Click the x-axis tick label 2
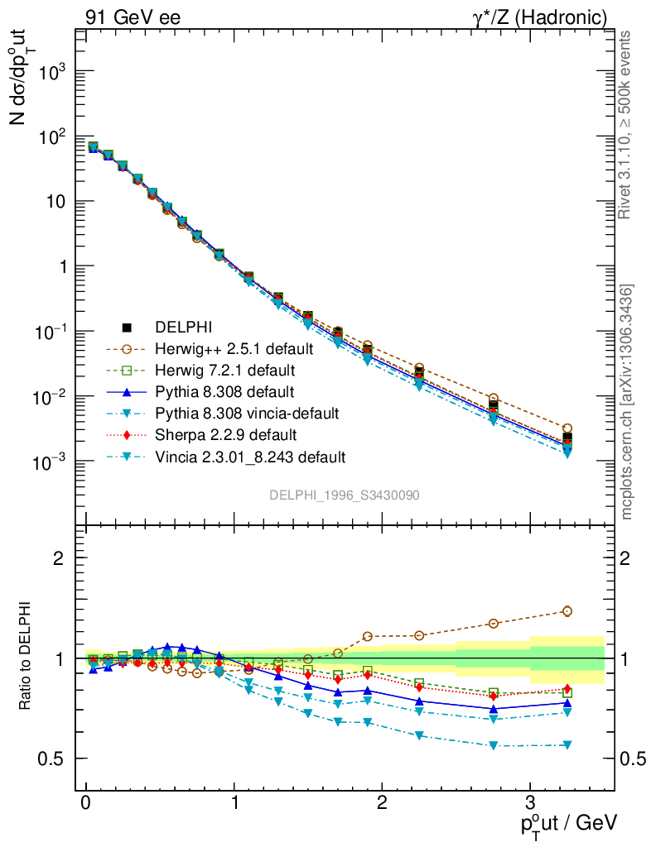click(382, 803)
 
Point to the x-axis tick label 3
click(530, 803)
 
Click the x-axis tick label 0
click(86, 803)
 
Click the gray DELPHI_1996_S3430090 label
click(344, 495)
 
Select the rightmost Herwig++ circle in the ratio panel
click(567, 611)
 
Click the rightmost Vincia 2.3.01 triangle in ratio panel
click(567, 745)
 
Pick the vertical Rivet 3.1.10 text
click(625, 124)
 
